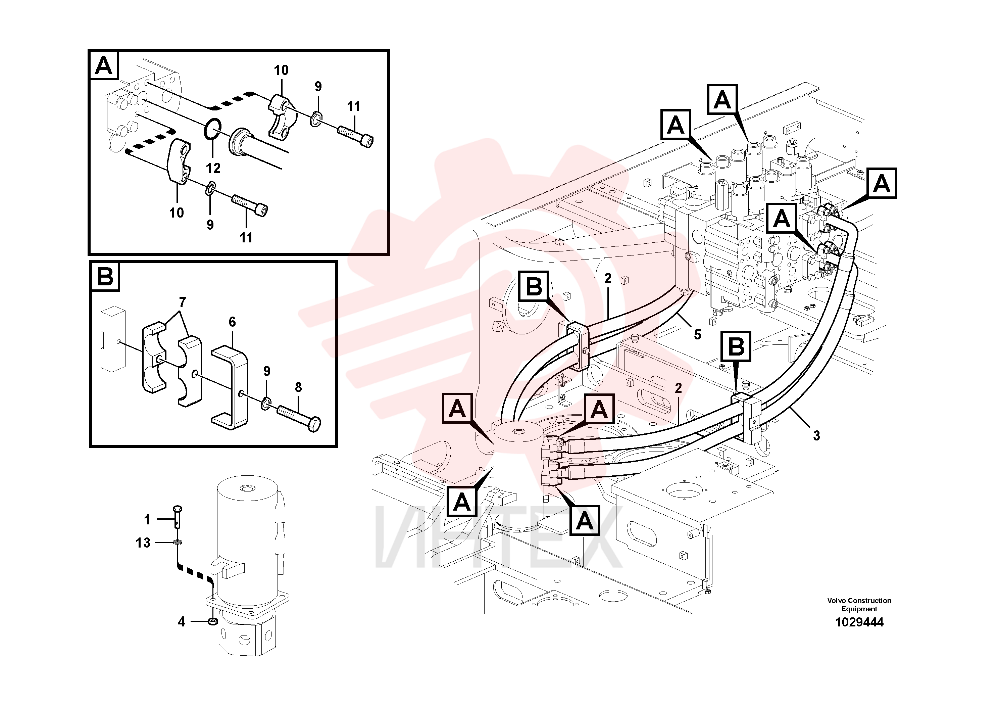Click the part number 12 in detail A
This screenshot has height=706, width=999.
[x=213, y=168]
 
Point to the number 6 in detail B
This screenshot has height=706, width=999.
[x=232, y=322]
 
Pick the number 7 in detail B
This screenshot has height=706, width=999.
[x=182, y=302]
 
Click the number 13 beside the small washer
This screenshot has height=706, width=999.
[x=143, y=543]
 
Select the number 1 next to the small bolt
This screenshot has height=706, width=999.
[x=147, y=520]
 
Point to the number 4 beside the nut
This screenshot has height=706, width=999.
[x=182, y=621]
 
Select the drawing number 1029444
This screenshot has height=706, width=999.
[x=859, y=622]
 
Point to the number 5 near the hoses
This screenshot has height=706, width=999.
[x=697, y=335]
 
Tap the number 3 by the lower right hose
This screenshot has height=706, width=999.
[x=816, y=436]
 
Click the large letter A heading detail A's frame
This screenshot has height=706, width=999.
[x=104, y=66]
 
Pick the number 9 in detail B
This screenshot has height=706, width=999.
[x=267, y=371]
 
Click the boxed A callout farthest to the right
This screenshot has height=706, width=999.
[x=882, y=183]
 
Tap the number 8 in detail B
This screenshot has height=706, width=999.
[x=298, y=387]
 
